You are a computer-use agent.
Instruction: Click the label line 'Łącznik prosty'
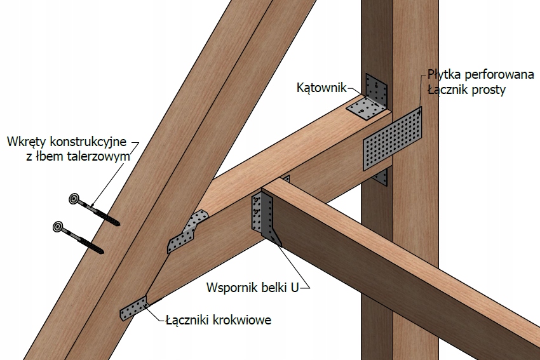point(466,90)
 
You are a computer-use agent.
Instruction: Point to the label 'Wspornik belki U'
point(252,287)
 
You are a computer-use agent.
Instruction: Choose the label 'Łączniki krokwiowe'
point(217,320)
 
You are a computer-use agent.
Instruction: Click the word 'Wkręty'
point(24,140)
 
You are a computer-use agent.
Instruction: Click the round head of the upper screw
point(74,200)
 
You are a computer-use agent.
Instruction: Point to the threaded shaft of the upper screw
point(102,213)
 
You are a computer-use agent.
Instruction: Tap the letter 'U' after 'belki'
point(294,287)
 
